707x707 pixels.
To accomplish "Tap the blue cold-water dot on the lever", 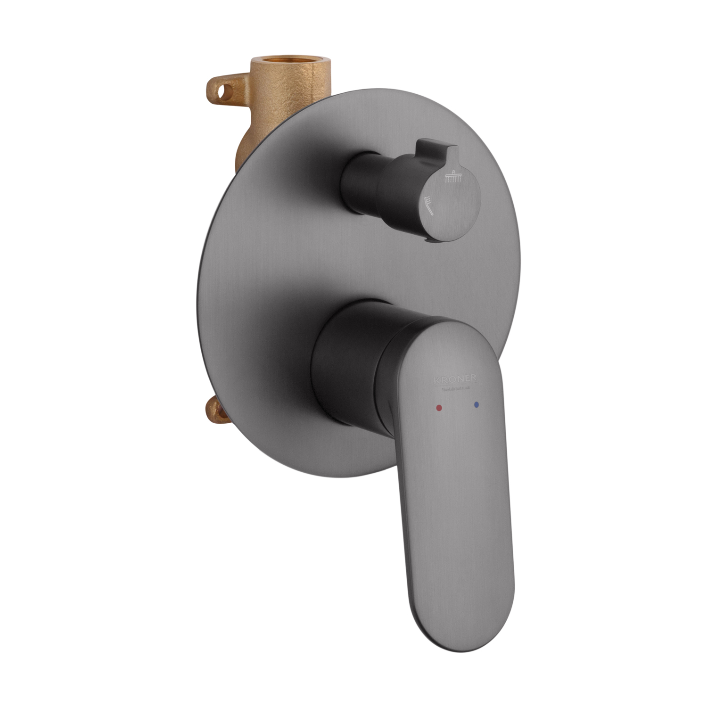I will tap(477, 404).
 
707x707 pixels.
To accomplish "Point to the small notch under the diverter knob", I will tap(428, 241).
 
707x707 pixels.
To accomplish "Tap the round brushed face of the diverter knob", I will tap(452, 198).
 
